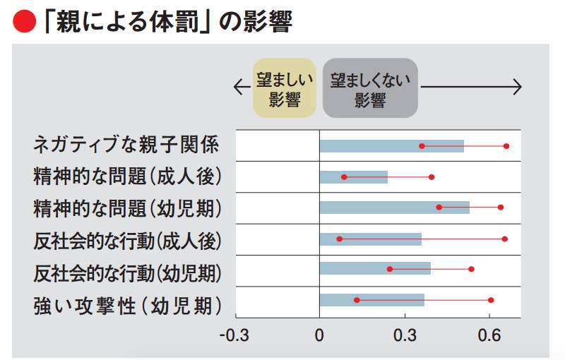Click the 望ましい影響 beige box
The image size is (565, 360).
284,88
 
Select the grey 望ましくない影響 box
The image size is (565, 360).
370,88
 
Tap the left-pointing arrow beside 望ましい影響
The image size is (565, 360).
242,88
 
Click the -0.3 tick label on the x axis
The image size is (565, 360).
234,334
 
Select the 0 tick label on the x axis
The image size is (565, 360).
319,334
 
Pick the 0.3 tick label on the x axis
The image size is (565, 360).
404,334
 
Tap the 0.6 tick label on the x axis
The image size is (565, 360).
489,334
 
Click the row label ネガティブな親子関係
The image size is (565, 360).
126,145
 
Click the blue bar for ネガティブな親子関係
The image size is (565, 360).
391,146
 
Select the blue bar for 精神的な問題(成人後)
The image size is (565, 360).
353,177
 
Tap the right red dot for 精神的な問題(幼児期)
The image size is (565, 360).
501,208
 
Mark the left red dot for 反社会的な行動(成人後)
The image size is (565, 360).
339,239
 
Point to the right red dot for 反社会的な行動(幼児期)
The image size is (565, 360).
471,269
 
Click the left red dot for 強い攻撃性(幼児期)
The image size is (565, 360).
357,300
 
